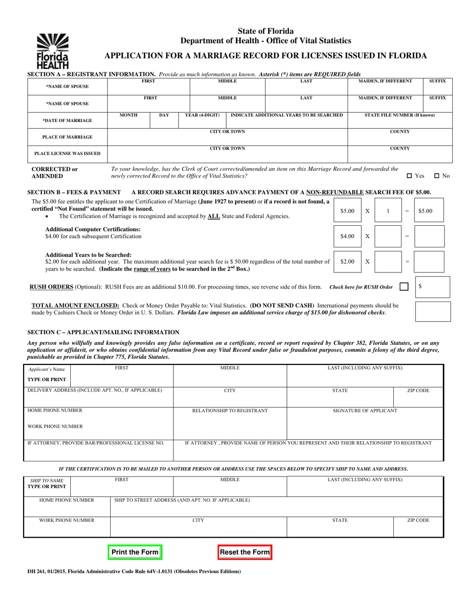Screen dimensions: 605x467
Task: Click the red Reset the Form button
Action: [x=244, y=552]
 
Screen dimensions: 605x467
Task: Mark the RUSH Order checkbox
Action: [x=404, y=287]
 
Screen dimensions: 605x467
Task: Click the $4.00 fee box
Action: [x=347, y=236]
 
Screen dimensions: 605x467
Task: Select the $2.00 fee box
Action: [x=347, y=262]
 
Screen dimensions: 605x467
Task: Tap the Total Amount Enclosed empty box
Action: [x=433, y=311]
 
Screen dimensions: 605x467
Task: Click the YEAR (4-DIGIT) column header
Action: [x=202, y=115]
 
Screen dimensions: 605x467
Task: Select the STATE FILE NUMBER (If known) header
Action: [x=400, y=115]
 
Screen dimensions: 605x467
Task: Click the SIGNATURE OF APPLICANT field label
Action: [x=365, y=411]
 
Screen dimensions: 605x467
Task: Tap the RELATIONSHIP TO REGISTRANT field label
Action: [x=230, y=411]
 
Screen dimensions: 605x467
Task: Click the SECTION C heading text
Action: [x=103, y=333]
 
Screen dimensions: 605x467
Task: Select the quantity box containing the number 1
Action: [x=388, y=211]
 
